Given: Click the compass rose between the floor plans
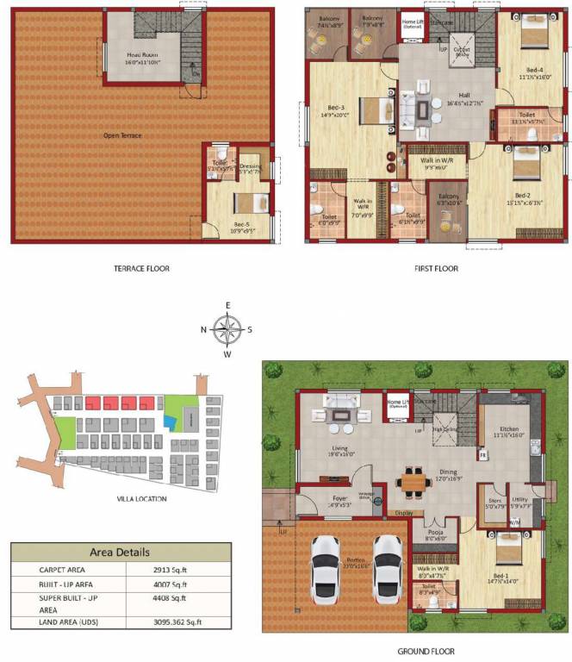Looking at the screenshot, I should (x=228, y=328).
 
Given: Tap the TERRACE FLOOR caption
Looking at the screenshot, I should (x=142, y=269).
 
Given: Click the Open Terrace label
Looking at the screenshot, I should (x=122, y=135).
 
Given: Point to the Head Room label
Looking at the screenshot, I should (x=143, y=55).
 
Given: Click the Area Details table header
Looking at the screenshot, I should (x=121, y=552).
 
